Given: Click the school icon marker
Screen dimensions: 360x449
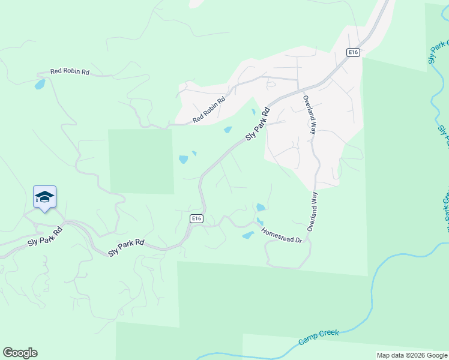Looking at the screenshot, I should pos(44,197).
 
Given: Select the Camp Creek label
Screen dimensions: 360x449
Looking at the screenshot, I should pos(319,337).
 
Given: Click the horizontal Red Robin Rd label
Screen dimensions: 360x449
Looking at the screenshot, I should pos(70,71).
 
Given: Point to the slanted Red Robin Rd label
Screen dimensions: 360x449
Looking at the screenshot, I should pos(209,109).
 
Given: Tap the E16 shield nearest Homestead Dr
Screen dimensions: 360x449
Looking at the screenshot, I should pos(196,218).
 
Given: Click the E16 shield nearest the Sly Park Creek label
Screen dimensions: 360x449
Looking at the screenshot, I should pos(354,53).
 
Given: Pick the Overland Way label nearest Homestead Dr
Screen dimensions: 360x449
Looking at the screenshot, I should pos(312,212).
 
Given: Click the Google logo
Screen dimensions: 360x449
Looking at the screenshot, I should pos(20,353).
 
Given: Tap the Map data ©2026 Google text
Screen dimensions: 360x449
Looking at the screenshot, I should pos(412,355).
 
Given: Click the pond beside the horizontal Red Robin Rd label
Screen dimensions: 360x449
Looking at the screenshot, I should pos(40,85).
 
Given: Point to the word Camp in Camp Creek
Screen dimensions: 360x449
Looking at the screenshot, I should pos(309,340).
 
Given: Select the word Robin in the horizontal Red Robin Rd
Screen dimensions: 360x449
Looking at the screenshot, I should pos(70,71).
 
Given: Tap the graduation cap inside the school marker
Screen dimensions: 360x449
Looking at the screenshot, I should pos(44,196).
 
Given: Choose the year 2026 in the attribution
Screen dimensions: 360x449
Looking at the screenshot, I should pos(417,355).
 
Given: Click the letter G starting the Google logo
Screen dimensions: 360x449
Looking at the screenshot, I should pos(8,353).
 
